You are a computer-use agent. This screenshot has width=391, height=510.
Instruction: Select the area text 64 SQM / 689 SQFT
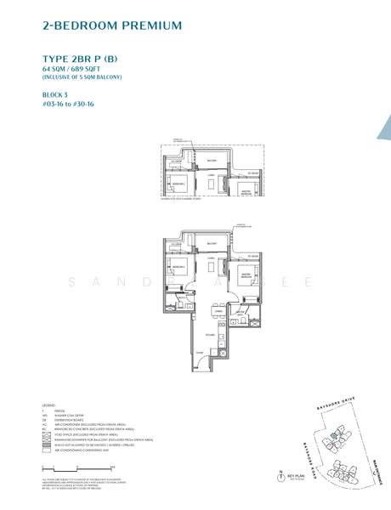coord(78,68)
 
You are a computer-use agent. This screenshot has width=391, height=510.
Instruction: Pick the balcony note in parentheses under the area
coord(82,77)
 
